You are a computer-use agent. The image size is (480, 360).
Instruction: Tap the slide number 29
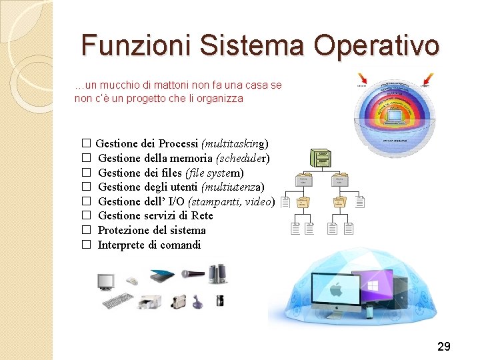point(443,346)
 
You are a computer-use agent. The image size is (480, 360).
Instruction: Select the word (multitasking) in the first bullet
point(235,143)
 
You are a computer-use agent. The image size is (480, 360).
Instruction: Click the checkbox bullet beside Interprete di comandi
point(86,245)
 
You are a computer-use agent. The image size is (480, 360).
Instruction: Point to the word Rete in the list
point(202,215)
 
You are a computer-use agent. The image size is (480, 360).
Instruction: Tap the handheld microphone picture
point(192,273)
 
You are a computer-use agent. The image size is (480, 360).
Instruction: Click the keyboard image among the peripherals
point(117,301)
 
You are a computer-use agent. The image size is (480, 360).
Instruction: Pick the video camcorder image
point(179,301)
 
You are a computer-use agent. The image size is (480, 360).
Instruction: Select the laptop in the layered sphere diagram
point(393,117)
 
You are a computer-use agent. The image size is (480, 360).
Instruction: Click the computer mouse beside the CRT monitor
point(133,281)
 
